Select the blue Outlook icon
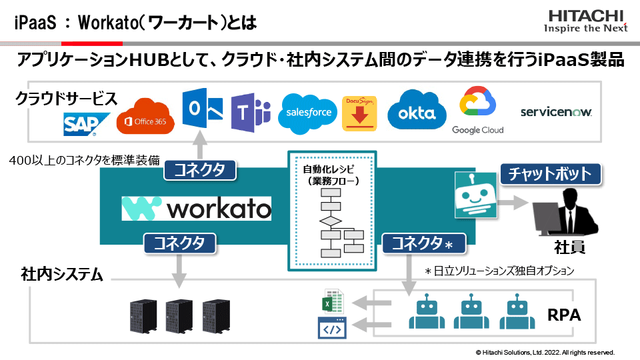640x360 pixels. [202, 111]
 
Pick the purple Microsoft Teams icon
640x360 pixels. [250, 113]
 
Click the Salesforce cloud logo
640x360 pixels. [308, 112]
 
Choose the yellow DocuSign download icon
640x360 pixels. [360, 113]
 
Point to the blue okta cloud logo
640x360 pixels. [417, 112]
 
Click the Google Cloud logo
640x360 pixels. [477, 111]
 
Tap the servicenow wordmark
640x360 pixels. [556, 112]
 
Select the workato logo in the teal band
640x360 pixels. [197, 209]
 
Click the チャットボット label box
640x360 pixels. [550, 175]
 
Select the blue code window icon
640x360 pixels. [332, 329]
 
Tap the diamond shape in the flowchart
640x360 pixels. [330, 221]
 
